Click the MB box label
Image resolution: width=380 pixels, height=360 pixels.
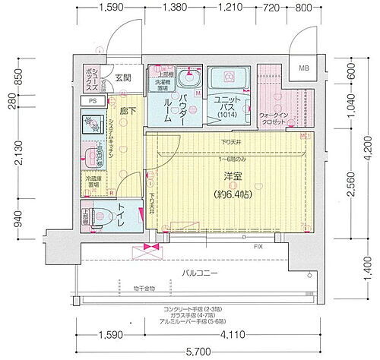(x=304, y=68)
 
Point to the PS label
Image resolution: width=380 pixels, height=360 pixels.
(x=91, y=99)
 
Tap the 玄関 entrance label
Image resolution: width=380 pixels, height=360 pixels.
(x=123, y=77)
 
